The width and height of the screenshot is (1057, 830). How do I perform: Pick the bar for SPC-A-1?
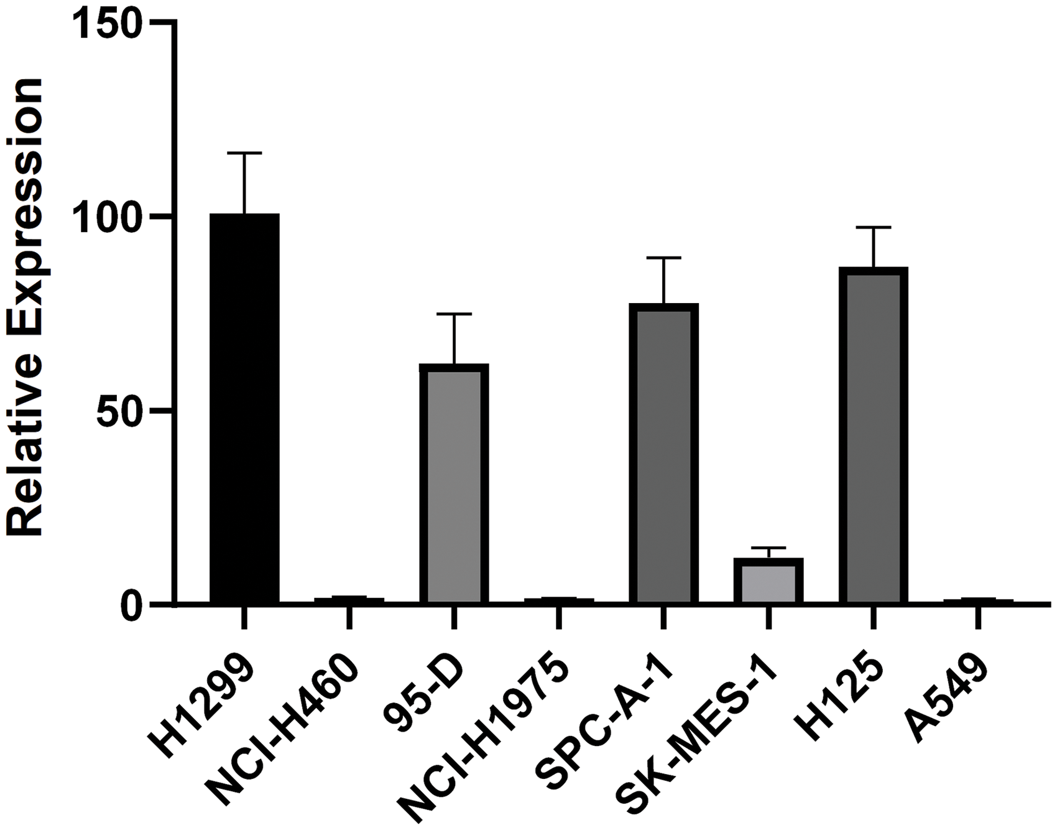pyautogui.click(x=663, y=454)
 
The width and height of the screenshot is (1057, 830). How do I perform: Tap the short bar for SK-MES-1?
pyautogui.click(x=769, y=581)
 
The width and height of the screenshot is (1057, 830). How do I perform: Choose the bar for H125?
pyautogui.click(x=873, y=436)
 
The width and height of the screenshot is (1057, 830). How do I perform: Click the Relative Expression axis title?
pyautogui.click(x=25, y=308)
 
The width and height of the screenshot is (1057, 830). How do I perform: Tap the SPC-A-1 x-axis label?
pyautogui.click(x=606, y=722)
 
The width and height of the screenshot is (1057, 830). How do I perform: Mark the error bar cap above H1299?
pyautogui.click(x=244, y=152)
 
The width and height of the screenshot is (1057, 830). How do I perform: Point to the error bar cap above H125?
pyautogui.click(x=873, y=228)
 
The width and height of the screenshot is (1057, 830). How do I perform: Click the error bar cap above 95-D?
pyautogui.click(x=454, y=314)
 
